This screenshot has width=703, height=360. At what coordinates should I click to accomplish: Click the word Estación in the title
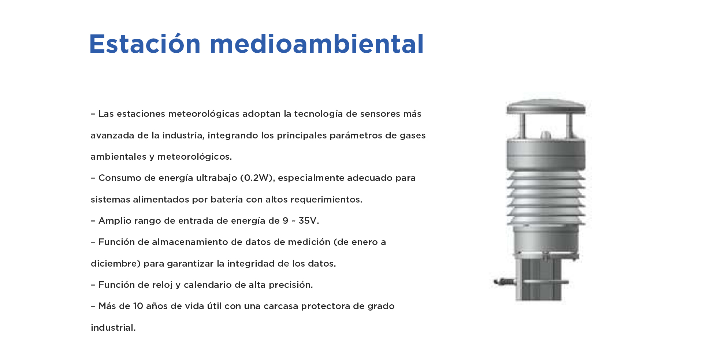click(x=145, y=44)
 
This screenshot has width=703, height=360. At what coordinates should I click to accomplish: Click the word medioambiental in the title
click(x=317, y=44)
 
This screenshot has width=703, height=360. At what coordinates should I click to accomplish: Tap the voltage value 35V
click(x=309, y=220)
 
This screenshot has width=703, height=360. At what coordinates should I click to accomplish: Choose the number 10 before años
click(x=138, y=306)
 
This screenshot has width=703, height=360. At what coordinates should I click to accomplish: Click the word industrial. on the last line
click(x=113, y=327)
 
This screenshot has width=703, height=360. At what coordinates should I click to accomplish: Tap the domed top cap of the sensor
click(x=546, y=107)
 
